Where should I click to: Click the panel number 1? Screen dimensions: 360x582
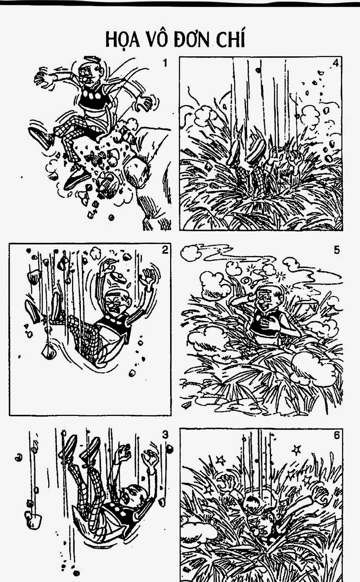point(165,63)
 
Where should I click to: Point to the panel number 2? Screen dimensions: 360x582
point(165,250)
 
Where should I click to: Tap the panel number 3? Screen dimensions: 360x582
point(165,434)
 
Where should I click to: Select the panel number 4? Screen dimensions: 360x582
point(336,63)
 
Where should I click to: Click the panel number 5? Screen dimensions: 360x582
point(337,250)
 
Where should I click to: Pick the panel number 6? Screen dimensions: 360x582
point(337,435)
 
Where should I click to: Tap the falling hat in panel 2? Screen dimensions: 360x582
point(118,277)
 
